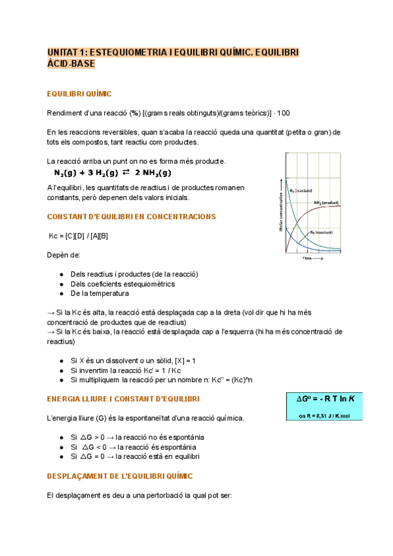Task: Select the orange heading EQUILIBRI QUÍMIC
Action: pos(79,94)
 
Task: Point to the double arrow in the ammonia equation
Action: pos(126,173)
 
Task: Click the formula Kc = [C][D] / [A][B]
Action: pos(79,235)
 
